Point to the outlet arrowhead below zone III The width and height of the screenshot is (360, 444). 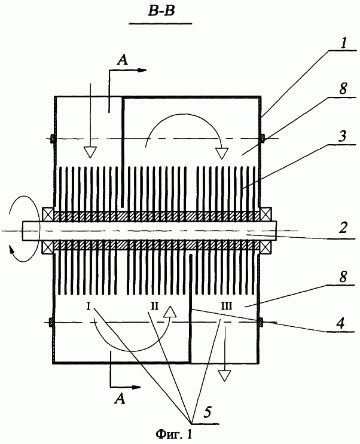224,375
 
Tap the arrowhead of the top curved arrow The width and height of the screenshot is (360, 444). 221,153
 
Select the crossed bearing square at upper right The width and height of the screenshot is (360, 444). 266,213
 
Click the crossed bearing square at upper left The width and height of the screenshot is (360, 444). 48,213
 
